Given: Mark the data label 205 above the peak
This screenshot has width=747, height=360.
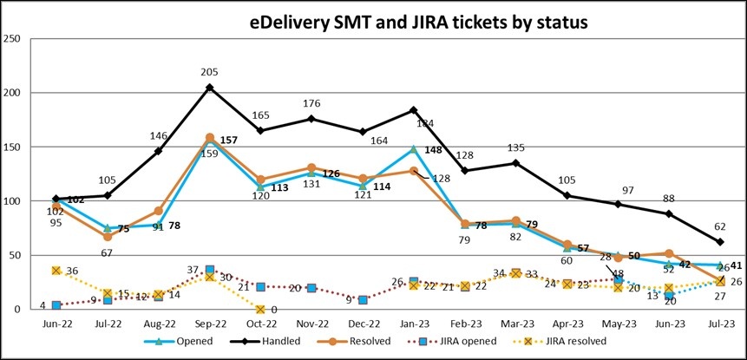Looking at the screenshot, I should pos(209,73).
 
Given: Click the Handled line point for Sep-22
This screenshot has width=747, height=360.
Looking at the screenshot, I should pos(209,88).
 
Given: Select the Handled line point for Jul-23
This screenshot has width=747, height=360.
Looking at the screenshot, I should pos(721,242).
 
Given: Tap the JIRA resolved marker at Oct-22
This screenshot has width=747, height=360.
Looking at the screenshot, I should pos(260,309).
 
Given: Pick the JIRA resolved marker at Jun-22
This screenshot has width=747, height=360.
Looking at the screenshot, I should pos(56,271).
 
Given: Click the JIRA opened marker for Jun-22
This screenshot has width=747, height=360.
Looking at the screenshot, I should pos(56,305).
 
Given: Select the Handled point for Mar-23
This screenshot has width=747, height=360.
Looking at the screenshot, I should pos(516,163).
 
